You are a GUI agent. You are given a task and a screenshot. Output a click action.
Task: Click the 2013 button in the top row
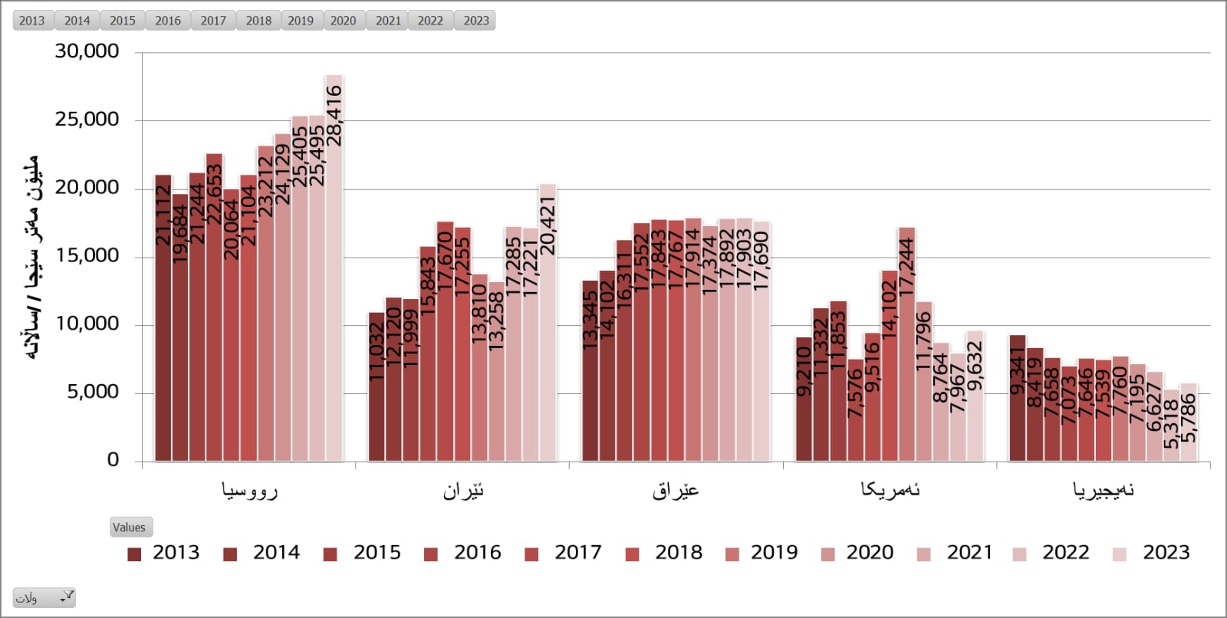(31, 21)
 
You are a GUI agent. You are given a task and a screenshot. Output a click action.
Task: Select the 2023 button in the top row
(475, 21)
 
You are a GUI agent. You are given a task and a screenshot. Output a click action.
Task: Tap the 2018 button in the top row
(258, 21)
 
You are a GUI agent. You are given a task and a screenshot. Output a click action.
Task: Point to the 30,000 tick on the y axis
(87, 51)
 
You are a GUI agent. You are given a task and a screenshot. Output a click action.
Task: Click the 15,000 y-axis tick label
(87, 256)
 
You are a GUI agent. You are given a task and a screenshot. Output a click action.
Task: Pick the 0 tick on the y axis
(113, 460)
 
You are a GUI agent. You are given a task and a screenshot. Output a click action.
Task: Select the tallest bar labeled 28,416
(334, 268)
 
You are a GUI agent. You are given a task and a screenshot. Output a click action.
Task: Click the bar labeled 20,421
(548, 322)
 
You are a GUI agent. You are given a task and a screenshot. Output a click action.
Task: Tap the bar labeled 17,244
(906, 345)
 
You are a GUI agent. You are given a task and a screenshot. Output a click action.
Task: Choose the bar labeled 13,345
(590, 371)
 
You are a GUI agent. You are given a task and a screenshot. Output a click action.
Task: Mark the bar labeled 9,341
(1017, 399)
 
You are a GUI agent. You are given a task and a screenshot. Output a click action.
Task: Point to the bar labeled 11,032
(376, 387)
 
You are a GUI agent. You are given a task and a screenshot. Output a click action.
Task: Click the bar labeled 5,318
(1171, 426)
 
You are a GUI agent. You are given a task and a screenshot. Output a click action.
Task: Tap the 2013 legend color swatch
(134, 554)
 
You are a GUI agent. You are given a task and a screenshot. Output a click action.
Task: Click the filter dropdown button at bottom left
(44, 598)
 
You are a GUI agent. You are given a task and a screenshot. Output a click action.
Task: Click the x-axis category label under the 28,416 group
(249, 491)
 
